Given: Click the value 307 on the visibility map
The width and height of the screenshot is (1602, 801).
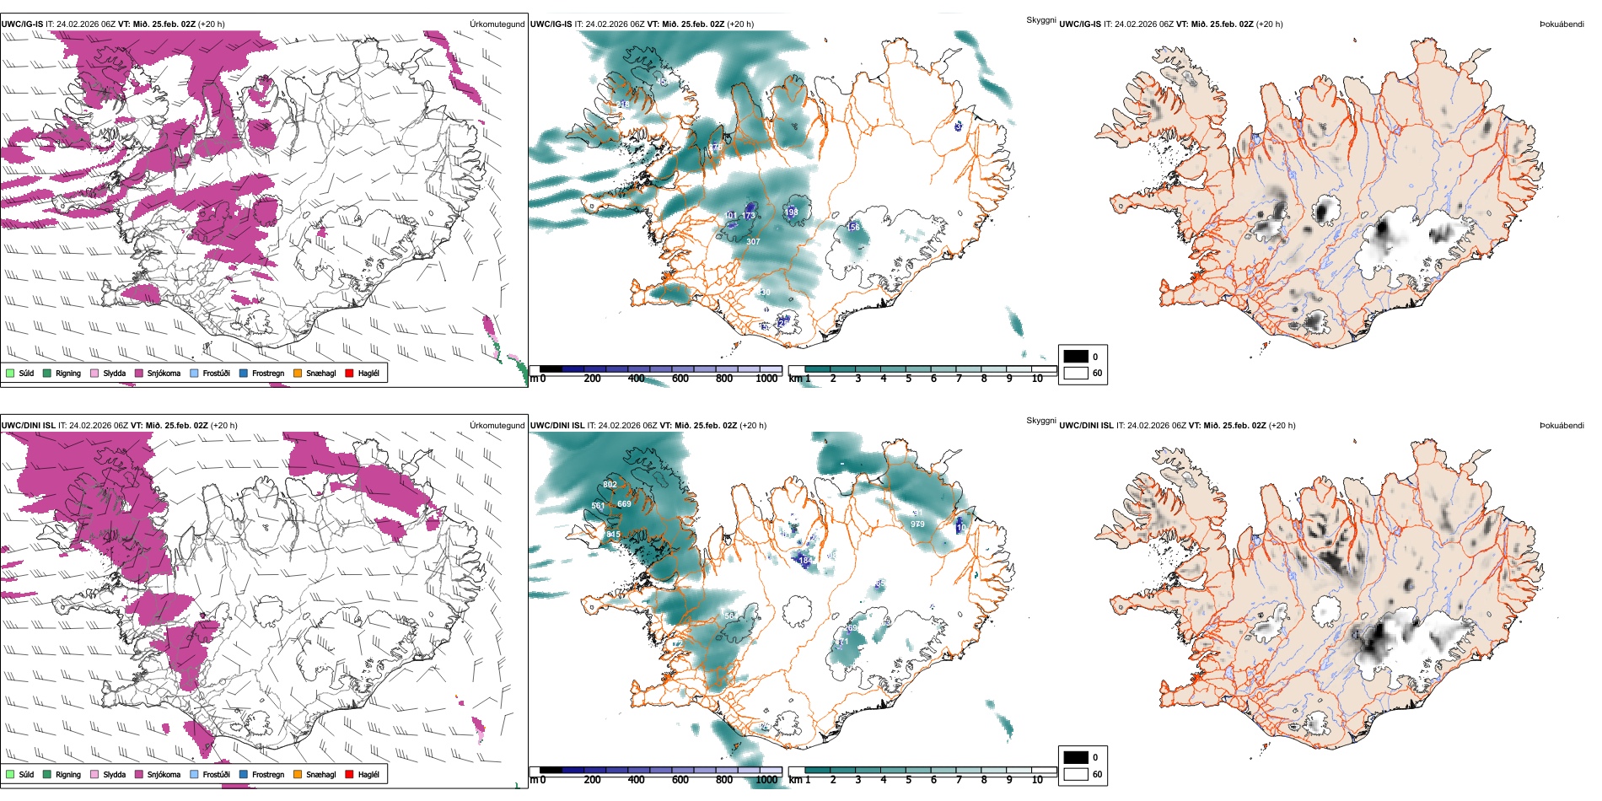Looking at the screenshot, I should pyautogui.click(x=753, y=241).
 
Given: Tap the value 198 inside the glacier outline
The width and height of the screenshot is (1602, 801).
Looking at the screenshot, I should pyautogui.click(x=792, y=212).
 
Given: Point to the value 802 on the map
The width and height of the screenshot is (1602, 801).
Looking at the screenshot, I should pyautogui.click(x=610, y=485).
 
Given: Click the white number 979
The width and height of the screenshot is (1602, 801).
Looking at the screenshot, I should pyautogui.click(x=917, y=524).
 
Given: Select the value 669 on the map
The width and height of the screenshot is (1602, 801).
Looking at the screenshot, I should pyautogui.click(x=624, y=504).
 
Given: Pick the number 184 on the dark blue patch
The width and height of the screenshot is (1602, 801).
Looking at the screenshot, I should pyautogui.click(x=804, y=561).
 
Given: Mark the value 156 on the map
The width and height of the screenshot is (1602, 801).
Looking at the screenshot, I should pyautogui.click(x=853, y=228).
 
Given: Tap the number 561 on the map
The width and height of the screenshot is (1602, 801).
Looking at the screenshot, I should pyautogui.click(x=598, y=506).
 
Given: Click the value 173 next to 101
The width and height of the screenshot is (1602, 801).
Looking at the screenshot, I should pyautogui.click(x=749, y=217).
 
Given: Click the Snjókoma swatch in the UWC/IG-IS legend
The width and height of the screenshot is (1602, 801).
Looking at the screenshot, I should pyautogui.click(x=139, y=373).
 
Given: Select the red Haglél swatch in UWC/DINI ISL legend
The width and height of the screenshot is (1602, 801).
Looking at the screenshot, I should pyautogui.click(x=350, y=774).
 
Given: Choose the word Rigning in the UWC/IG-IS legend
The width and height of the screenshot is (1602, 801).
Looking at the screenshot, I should pyautogui.click(x=68, y=373).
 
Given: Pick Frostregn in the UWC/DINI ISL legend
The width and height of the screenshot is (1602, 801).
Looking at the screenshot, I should pyautogui.click(x=268, y=774).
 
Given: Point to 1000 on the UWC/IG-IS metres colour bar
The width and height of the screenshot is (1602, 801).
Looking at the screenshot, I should pyautogui.click(x=766, y=379).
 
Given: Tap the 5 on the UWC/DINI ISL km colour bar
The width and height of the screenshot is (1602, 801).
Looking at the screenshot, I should pyautogui.click(x=908, y=780).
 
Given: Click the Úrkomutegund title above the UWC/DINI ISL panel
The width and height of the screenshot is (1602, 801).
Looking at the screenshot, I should pyautogui.click(x=497, y=426).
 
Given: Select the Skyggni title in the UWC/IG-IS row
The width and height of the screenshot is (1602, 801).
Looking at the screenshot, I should pyautogui.click(x=1040, y=19).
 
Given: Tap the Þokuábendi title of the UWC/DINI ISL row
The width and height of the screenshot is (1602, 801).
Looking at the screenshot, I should pyautogui.click(x=1562, y=426).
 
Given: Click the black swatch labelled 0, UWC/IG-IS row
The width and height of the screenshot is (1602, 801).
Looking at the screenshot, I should pyautogui.click(x=1076, y=357).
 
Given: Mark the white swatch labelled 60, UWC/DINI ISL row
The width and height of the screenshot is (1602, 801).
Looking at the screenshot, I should pyautogui.click(x=1076, y=774).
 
